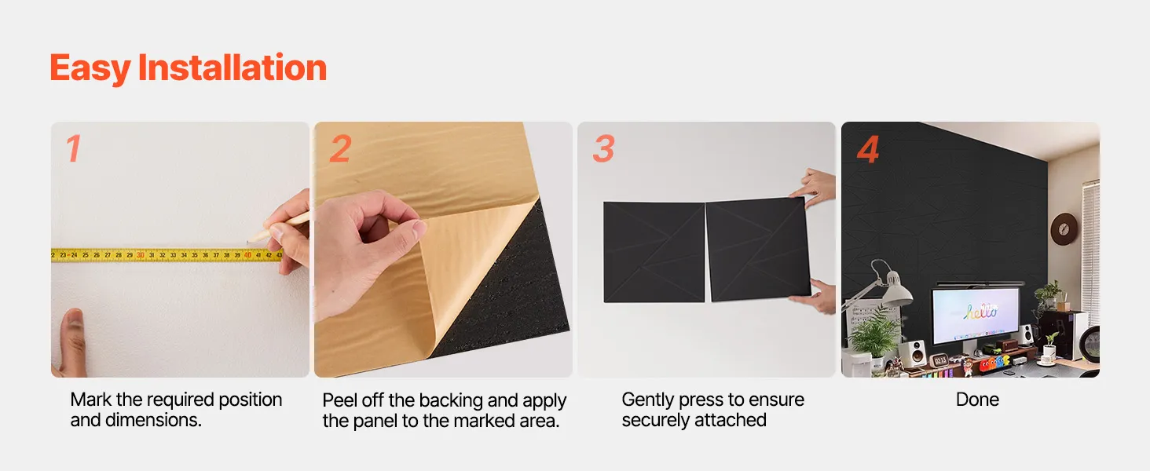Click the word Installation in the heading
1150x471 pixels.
[232, 68]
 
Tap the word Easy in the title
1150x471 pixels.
[90, 69]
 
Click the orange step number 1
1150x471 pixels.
[73, 148]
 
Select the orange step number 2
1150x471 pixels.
[340, 148]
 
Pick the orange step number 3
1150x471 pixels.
[604, 148]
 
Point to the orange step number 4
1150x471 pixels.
[868, 149]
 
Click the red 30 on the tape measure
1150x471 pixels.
[140, 255]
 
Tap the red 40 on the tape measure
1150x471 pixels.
[247, 255]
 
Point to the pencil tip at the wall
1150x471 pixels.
[248, 242]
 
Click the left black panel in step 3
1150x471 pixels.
[654, 252]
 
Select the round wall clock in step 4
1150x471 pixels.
[1064, 229]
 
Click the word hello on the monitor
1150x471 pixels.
[980, 310]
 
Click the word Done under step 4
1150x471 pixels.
[977, 399]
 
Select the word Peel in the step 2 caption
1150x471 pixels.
[339, 400]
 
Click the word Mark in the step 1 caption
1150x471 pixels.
[91, 399]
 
